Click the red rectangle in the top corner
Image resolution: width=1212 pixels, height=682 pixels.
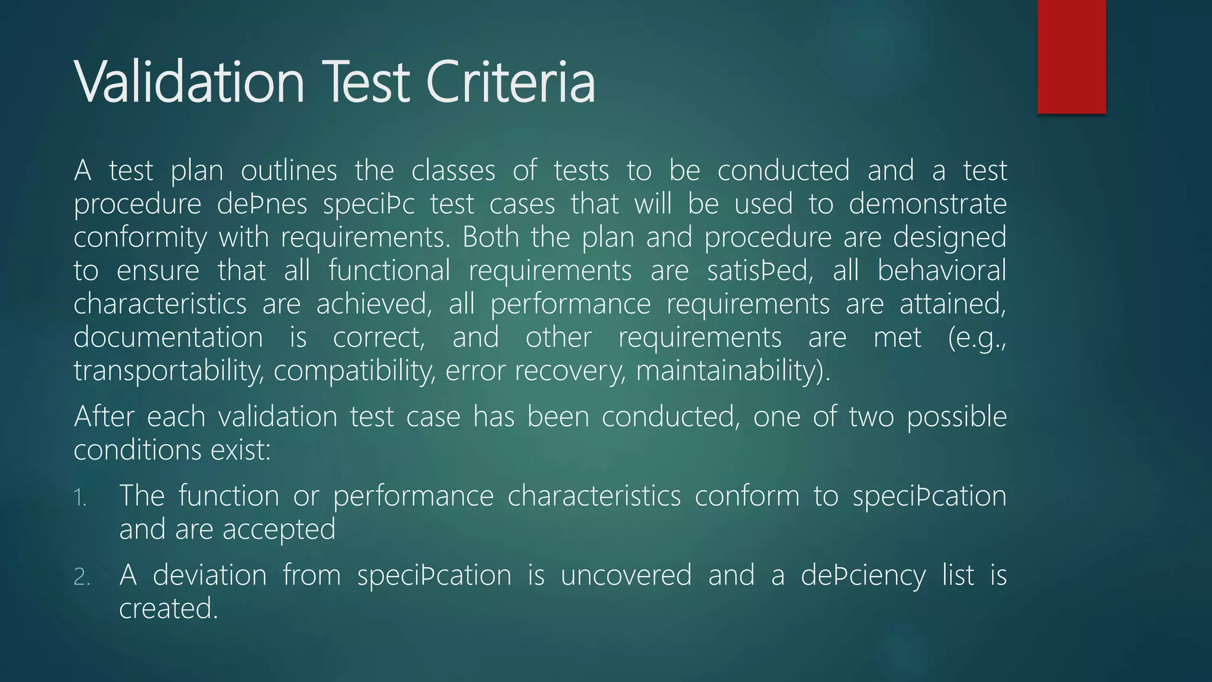[x=1071, y=57]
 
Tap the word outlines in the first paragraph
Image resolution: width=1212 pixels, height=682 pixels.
[x=289, y=171]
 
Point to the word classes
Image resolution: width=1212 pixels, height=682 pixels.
[x=453, y=171]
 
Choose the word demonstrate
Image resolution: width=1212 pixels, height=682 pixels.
[x=927, y=205]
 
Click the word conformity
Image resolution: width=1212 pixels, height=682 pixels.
[x=140, y=238]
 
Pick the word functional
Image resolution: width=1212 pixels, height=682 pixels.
[x=389, y=271]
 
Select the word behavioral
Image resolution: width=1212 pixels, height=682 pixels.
[x=942, y=271]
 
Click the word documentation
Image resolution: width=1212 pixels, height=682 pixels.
[x=168, y=337]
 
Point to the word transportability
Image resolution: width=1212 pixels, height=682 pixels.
[x=168, y=371]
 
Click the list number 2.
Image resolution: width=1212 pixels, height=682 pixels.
[x=82, y=577]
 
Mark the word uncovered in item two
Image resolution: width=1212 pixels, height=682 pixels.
[x=626, y=575]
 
